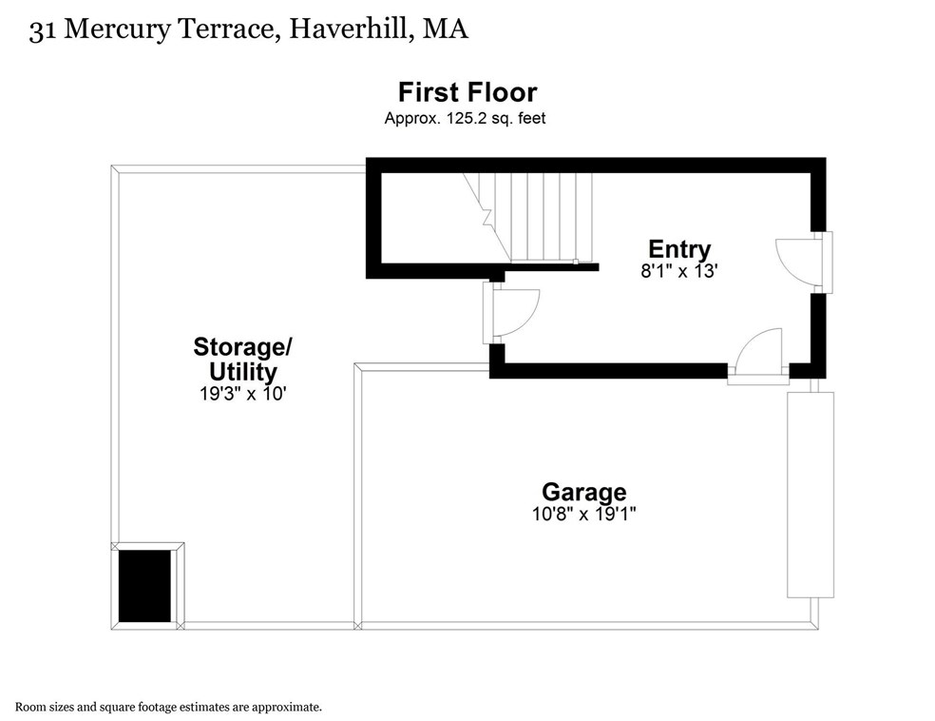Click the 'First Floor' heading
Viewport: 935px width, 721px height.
[467, 92]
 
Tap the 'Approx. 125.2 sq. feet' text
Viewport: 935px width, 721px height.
[465, 119]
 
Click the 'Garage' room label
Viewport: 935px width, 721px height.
[583, 492]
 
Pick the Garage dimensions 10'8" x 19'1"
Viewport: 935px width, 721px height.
[583, 514]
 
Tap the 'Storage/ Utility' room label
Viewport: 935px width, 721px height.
[242, 359]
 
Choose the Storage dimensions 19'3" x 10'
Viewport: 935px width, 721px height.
[242, 393]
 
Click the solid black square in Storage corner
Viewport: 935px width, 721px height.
[144, 585]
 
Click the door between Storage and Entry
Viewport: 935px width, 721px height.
[512, 313]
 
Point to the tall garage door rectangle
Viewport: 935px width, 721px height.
[810, 494]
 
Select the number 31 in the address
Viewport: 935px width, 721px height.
[41, 30]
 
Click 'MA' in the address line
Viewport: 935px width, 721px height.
[446, 30]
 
